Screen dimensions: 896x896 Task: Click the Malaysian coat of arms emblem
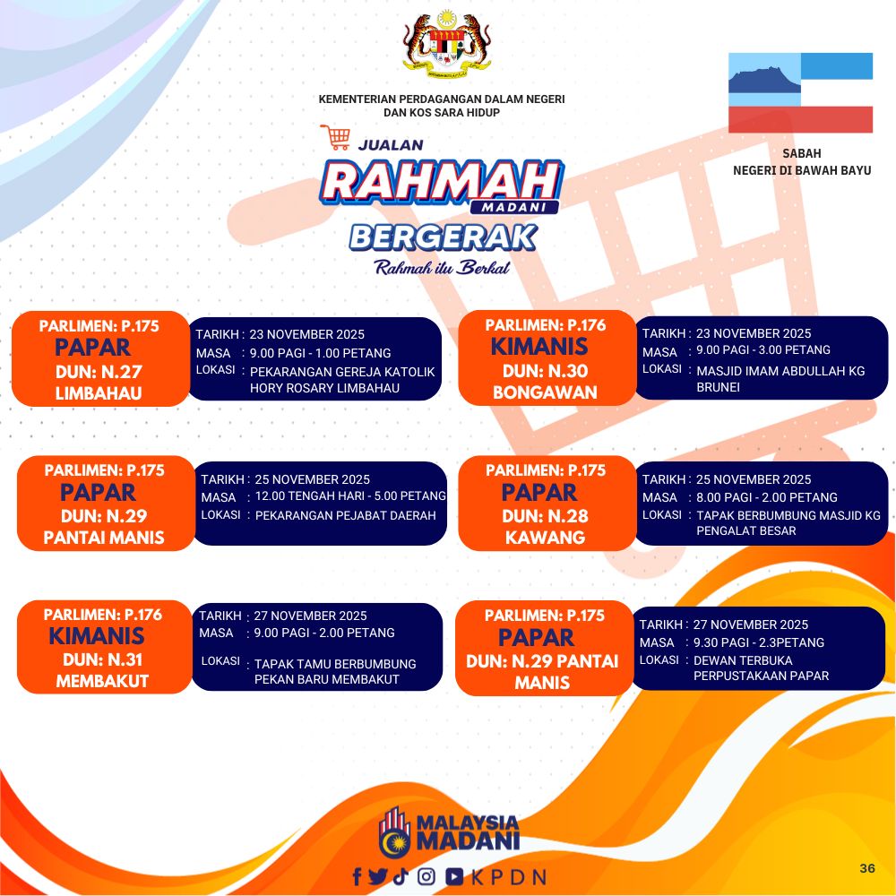click(447, 42)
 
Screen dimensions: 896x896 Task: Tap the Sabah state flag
click(800, 92)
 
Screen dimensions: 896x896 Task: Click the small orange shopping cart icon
click(335, 137)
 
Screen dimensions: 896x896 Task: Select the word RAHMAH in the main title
click(441, 182)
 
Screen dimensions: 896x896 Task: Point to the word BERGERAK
click(444, 237)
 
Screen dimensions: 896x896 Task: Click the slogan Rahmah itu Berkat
click(442, 267)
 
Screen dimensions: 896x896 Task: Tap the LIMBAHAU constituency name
click(99, 393)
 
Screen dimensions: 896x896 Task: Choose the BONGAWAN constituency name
click(545, 392)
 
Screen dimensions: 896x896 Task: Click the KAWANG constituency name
click(545, 537)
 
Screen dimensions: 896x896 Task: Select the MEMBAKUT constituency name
click(102, 681)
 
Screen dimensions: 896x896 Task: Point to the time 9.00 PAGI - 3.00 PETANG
click(762, 349)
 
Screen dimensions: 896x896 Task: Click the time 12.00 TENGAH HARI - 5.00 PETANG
click(350, 496)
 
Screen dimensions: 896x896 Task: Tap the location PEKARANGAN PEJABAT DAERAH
click(345, 515)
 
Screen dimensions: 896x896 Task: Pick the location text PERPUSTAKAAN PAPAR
click(761, 676)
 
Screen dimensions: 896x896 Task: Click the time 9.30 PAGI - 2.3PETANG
click(759, 642)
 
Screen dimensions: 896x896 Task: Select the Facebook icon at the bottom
click(358, 876)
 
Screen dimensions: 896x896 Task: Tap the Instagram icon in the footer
click(426, 876)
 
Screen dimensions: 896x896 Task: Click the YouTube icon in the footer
click(454, 876)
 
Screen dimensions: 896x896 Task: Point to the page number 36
click(866, 868)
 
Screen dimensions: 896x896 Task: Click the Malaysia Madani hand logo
click(394, 832)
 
